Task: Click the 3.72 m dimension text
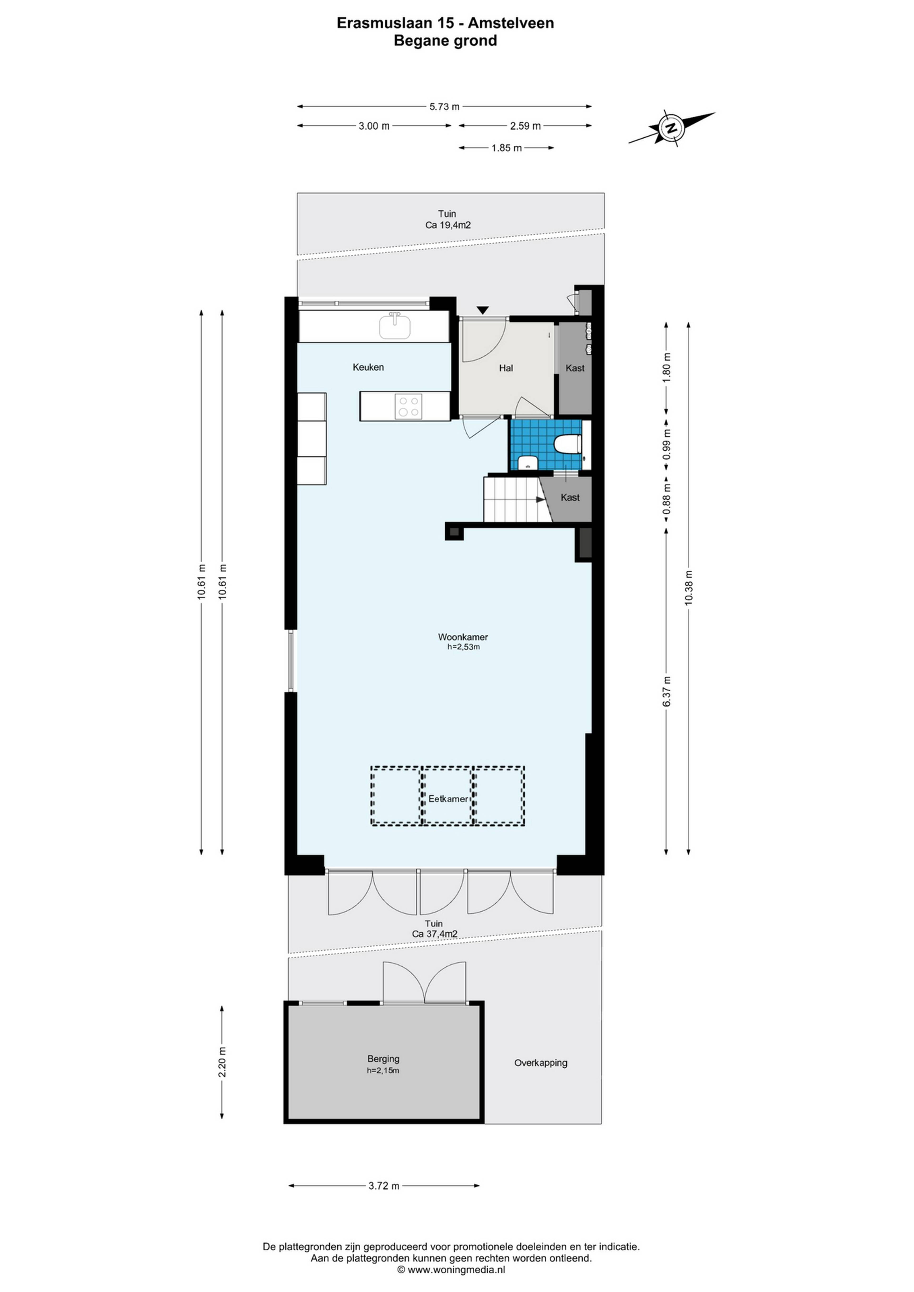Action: [x=384, y=1186]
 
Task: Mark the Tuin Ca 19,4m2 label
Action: [x=447, y=219]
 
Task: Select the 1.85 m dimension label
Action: [x=507, y=148]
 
